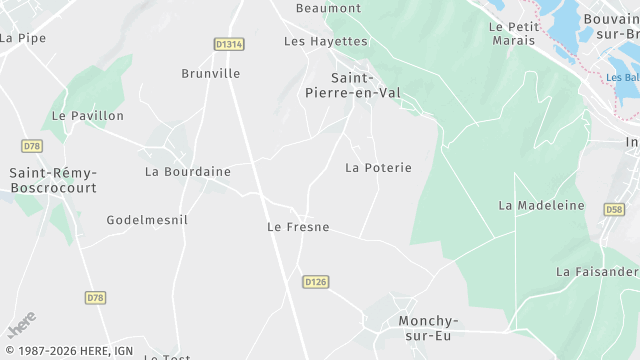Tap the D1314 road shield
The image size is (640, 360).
point(229,44)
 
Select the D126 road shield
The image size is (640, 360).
point(316,282)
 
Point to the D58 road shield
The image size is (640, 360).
point(614,209)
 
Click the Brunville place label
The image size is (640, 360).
point(211,73)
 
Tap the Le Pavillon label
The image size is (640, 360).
point(88,116)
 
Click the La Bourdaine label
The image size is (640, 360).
point(188,172)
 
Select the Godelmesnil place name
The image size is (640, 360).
point(147,220)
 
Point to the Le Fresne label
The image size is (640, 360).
point(298,227)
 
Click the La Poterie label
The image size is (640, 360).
point(378,168)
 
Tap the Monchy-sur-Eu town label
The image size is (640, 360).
point(428,328)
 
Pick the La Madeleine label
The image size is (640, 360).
point(541,205)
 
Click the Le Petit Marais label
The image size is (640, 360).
point(514,33)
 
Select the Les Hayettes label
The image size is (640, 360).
point(326,41)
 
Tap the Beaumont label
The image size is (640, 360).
point(328,8)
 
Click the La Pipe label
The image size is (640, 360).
point(23,38)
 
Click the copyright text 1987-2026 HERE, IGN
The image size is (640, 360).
point(69,351)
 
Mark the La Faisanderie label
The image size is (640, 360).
point(598,272)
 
